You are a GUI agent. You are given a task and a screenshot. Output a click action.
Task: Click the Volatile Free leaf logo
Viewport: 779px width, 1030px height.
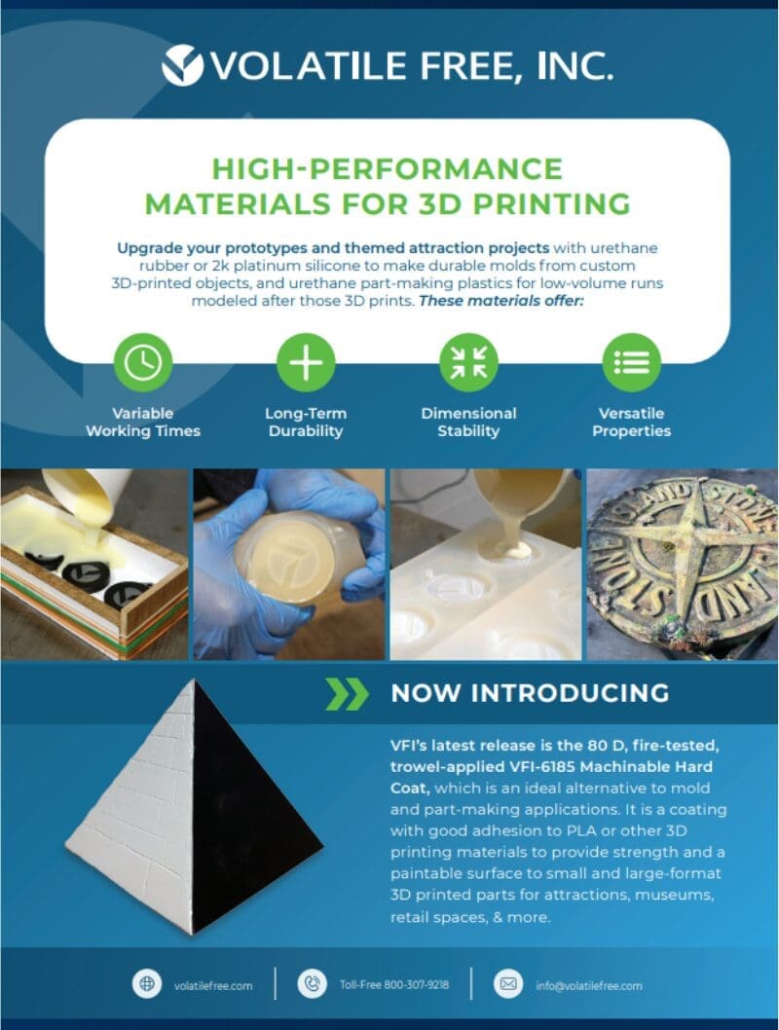[x=183, y=65]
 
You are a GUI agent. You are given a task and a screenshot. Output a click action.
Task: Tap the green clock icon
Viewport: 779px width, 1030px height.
[x=143, y=362]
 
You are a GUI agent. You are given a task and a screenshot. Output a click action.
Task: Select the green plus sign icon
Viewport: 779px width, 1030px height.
[x=306, y=362]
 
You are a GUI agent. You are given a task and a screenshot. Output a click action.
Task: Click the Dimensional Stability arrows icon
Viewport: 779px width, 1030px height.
[x=469, y=362]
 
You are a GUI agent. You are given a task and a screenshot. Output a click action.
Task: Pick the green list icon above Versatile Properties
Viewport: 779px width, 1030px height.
[x=632, y=362]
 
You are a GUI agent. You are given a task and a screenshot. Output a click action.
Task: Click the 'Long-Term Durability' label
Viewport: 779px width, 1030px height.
[x=306, y=423]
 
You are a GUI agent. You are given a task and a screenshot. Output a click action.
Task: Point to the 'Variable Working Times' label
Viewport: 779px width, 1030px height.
[x=143, y=423]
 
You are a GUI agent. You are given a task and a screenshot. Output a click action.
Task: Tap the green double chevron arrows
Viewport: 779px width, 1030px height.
[x=347, y=694]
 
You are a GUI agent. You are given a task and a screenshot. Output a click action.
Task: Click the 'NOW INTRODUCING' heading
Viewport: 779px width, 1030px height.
[x=530, y=693]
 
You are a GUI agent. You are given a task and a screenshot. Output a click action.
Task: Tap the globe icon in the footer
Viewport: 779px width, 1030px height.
[x=147, y=984]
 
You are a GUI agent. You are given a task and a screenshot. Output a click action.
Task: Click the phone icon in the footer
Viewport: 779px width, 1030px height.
[x=312, y=984]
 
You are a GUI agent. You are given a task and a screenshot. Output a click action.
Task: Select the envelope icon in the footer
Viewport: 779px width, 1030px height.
[x=507, y=984]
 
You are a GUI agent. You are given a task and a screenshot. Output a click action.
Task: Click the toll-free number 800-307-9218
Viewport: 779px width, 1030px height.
[x=417, y=984]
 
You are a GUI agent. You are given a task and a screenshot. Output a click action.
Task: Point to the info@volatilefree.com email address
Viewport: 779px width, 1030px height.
[x=589, y=985]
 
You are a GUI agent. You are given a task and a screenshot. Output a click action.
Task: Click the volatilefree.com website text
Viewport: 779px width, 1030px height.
[x=213, y=985]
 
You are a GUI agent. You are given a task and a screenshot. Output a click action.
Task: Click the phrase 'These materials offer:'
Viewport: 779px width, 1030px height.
[x=501, y=301]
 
